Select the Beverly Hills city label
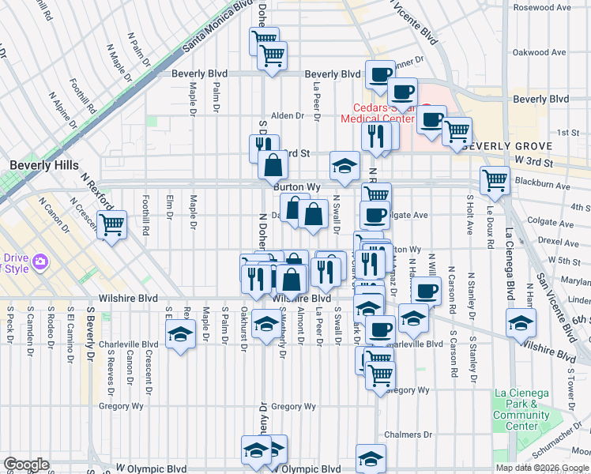[44, 165]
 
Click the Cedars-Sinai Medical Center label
[377, 114]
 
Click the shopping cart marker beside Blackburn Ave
[495, 180]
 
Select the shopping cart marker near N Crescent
[111, 225]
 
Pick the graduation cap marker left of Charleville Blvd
[181, 334]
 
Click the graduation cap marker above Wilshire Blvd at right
[521, 322]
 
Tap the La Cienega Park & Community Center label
[521, 410]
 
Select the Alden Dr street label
[287, 115]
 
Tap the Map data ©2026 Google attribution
[542, 468]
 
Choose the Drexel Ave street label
[564, 236]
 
